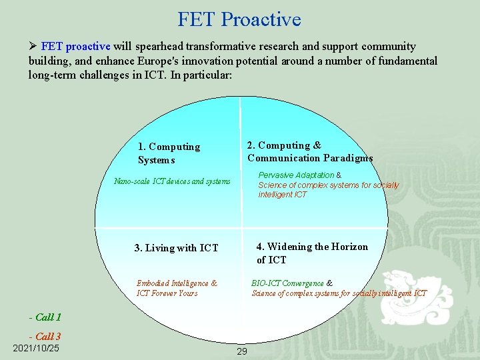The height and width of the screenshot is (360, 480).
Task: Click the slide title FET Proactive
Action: [x=239, y=19]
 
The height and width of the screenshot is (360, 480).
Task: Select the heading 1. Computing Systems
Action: [x=169, y=153]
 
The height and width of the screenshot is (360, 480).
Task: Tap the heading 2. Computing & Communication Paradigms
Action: [x=310, y=152]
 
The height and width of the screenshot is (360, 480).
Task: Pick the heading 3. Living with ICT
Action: [x=176, y=248]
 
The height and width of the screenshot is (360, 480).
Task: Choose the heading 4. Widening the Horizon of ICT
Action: [x=312, y=253]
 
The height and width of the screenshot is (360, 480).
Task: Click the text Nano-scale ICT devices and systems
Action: [x=172, y=181]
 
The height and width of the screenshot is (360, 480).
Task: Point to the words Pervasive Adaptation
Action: [x=296, y=175]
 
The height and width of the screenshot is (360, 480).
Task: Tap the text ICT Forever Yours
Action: [x=167, y=293]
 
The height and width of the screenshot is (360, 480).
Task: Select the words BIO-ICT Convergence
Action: [x=287, y=283]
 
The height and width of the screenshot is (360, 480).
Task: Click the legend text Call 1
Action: [x=48, y=317]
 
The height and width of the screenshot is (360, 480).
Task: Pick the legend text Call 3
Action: [x=48, y=337]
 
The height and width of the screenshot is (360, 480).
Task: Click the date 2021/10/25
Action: [x=36, y=348]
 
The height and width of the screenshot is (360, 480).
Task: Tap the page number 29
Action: [x=241, y=351]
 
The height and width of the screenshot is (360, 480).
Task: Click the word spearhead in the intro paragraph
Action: [x=159, y=47]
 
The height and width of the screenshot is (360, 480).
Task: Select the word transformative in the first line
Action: [x=222, y=47]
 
